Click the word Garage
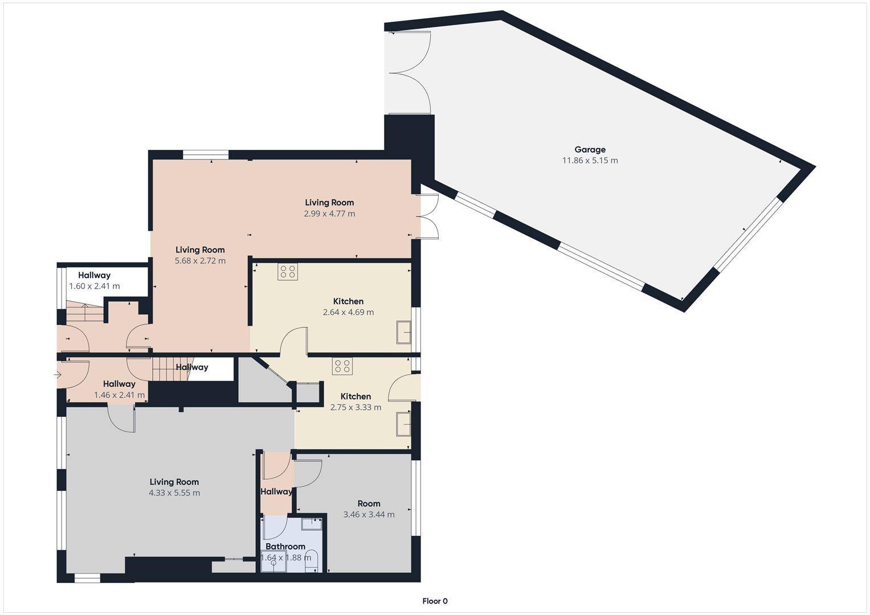pos(590,150)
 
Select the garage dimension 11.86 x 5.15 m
pos(590,161)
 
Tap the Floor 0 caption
pos(435,601)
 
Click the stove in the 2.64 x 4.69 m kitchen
pos(287,272)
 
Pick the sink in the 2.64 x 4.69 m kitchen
pos(404,333)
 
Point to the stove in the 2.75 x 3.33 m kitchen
pos(342,366)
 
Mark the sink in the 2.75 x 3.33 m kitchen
pos(404,424)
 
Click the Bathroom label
pos(285,546)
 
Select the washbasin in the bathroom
pos(311,524)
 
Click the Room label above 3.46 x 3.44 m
pos(369,503)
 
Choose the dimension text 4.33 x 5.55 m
pos(174,493)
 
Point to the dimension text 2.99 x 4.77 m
pos(329,214)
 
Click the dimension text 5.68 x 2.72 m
pos(200,261)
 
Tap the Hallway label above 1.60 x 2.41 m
pos(94,276)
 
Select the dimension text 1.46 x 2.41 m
pos(119,395)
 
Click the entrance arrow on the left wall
pos(57,375)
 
